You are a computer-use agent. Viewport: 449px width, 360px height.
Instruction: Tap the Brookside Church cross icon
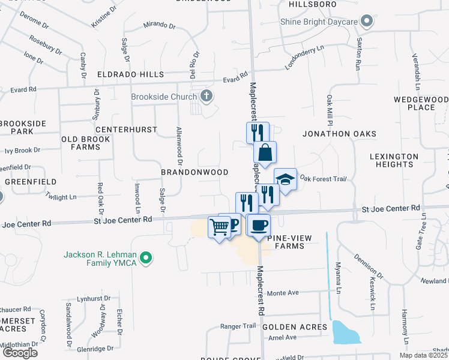point(206,96)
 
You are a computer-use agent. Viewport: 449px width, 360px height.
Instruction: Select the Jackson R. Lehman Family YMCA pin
point(145,259)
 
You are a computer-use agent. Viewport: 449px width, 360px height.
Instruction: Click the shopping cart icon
point(219,226)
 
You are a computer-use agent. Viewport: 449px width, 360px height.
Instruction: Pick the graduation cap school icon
point(285,179)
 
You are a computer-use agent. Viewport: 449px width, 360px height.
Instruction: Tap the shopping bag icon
point(265,152)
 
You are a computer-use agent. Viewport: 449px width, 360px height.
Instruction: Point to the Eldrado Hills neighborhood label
point(130,74)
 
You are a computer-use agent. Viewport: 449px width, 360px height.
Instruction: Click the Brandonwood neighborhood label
point(194,172)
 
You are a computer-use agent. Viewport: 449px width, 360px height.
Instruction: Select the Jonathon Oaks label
point(339,133)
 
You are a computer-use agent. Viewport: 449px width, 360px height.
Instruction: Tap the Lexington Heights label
point(394,161)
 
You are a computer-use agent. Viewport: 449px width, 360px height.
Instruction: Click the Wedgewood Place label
point(421,103)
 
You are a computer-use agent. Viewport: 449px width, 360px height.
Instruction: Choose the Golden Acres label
point(303,327)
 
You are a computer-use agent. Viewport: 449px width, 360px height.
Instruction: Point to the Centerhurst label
point(126,130)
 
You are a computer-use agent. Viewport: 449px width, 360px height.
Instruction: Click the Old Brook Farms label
point(86,143)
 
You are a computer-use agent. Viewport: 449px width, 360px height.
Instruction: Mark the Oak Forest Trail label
point(324,178)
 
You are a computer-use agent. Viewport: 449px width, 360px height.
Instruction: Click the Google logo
point(19,352)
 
